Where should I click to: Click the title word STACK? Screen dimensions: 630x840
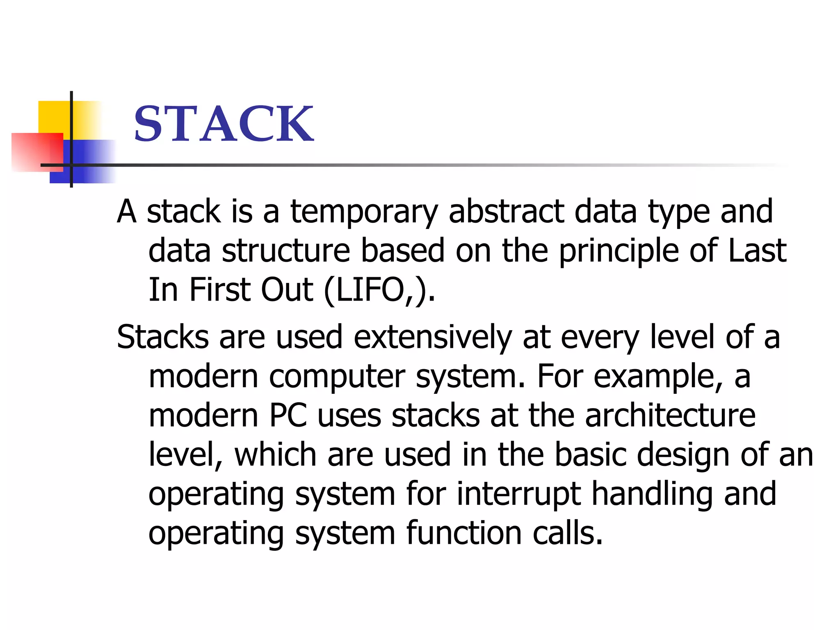(224, 123)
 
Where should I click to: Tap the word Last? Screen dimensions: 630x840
(757, 251)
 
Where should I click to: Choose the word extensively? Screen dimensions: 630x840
(433, 338)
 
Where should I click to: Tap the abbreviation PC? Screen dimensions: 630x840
(288, 416)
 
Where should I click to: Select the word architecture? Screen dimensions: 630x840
(670, 416)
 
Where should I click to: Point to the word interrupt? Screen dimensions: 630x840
(518, 494)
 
